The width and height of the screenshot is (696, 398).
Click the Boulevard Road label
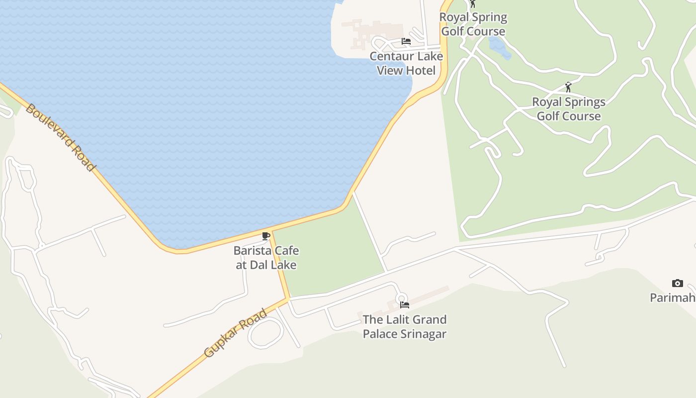click(60, 137)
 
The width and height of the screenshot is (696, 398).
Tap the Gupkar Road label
click(236, 333)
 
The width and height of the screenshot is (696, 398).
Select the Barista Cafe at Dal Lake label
click(266, 258)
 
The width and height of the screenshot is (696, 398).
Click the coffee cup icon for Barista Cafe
click(266, 236)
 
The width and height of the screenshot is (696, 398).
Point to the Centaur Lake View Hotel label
click(406, 63)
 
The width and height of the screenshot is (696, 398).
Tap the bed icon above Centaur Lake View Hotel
click(406, 41)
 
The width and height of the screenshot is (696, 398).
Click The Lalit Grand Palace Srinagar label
click(404, 326)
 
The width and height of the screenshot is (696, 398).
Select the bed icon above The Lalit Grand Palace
click(405, 304)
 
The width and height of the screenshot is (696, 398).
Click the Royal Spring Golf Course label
click(474, 24)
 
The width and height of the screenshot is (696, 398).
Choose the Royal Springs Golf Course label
click(569, 109)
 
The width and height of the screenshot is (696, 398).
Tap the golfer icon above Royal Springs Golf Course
click(568, 87)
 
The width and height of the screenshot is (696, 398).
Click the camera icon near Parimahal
click(677, 283)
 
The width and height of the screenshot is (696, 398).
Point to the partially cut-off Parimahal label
click(673, 298)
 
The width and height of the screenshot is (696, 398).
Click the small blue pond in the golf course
click(499, 47)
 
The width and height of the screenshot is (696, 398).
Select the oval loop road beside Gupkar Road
click(266, 333)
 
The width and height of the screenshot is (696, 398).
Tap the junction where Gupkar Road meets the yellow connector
click(288, 298)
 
